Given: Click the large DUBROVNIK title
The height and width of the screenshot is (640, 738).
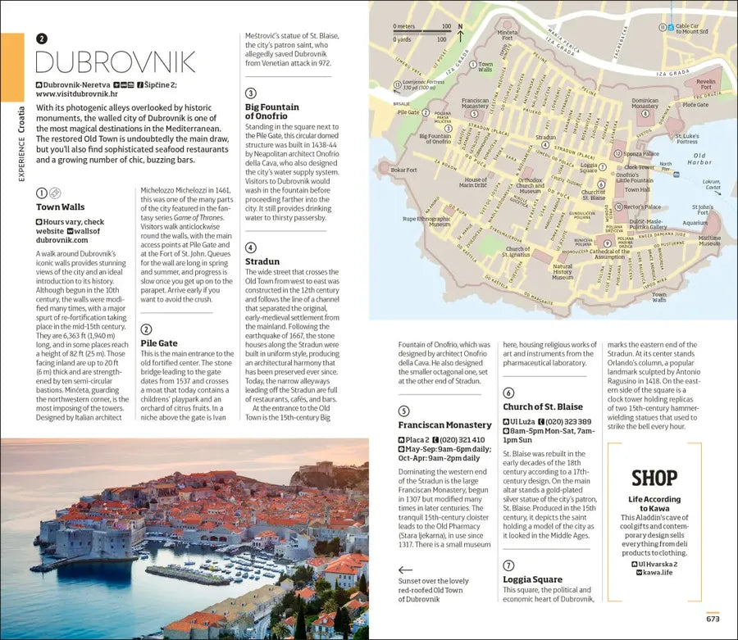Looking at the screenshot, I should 116,62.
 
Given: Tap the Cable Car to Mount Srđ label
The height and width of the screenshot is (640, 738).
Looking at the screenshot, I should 692,29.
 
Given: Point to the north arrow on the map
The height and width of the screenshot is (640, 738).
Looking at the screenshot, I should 460,30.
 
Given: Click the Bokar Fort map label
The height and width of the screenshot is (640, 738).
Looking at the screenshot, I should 404,170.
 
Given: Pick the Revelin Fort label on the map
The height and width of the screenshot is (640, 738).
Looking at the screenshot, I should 704,85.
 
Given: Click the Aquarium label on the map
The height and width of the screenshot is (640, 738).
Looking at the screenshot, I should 694,222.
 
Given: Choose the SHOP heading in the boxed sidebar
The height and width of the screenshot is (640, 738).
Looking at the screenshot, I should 654,479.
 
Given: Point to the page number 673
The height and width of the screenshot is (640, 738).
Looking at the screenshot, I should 713,619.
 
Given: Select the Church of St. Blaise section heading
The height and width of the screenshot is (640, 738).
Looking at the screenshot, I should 543,407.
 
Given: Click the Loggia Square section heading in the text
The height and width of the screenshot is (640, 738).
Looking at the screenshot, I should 532,579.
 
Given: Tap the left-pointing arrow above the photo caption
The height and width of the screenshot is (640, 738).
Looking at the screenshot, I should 405,570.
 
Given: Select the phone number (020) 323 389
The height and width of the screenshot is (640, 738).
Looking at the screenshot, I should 567,421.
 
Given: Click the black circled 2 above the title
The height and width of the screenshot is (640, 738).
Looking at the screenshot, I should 42,38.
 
